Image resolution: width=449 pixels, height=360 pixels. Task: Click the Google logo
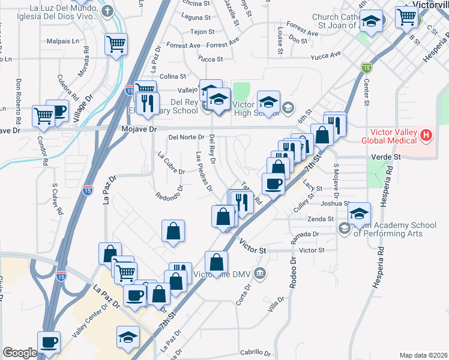pyautogui.click(x=20, y=353)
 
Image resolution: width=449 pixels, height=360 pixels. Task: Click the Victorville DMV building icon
pyautogui.click(x=259, y=274)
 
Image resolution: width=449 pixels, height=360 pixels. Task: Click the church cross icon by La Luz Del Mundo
pyautogui.click(x=107, y=11)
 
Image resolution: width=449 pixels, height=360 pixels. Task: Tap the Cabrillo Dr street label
pyautogui.click(x=244, y=352)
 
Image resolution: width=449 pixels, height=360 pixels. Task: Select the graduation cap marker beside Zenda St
pyautogui.click(x=360, y=213)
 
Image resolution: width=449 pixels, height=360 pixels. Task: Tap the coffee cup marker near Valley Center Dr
pyautogui.click(x=49, y=342)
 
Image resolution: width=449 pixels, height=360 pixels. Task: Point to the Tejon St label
pyautogui.click(x=202, y=31)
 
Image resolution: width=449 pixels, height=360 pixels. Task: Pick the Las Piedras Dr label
pyautogui.click(x=204, y=171)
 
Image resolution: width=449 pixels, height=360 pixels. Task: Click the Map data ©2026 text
pyautogui.click(x=423, y=355)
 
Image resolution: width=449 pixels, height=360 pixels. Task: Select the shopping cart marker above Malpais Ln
pyautogui.click(x=116, y=43)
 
